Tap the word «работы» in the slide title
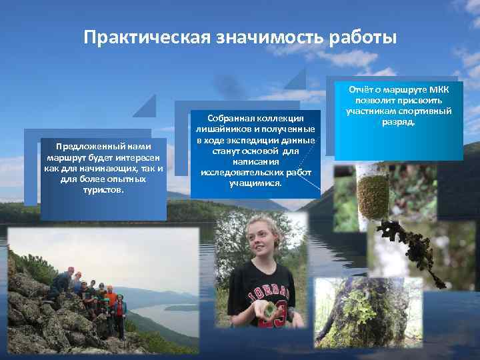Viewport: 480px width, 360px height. pos(363,37)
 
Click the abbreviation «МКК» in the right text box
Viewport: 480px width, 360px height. pos(438,90)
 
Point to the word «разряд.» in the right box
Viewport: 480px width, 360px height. pos(399,122)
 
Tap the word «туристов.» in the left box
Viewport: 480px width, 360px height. pos(103,190)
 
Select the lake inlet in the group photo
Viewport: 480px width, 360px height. pos(167,313)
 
